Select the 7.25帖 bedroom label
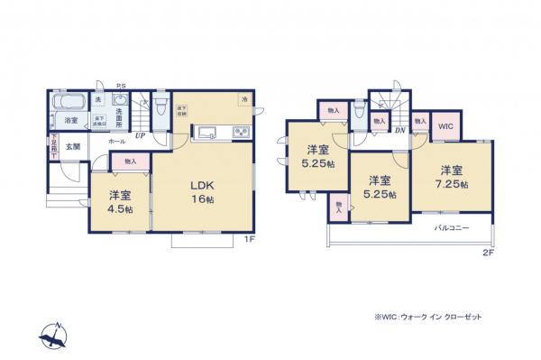click(x=453, y=177)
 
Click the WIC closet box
click(x=445, y=127)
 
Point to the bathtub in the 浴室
click(x=69, y=100)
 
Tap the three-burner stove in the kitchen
click(x=241, y=134)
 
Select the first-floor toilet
click(x=160, y=109)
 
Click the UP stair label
click(x=140, y=137)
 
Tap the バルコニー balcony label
click(x=452, y=228)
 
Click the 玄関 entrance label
click(x=71, y=146)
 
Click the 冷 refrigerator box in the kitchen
click(x=243, y=98)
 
